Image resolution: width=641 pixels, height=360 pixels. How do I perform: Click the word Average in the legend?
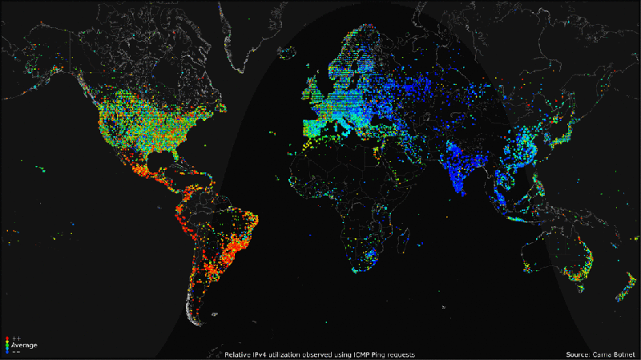tap(23, 345)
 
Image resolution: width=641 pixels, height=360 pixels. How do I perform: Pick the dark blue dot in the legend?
tap(7, 351)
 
